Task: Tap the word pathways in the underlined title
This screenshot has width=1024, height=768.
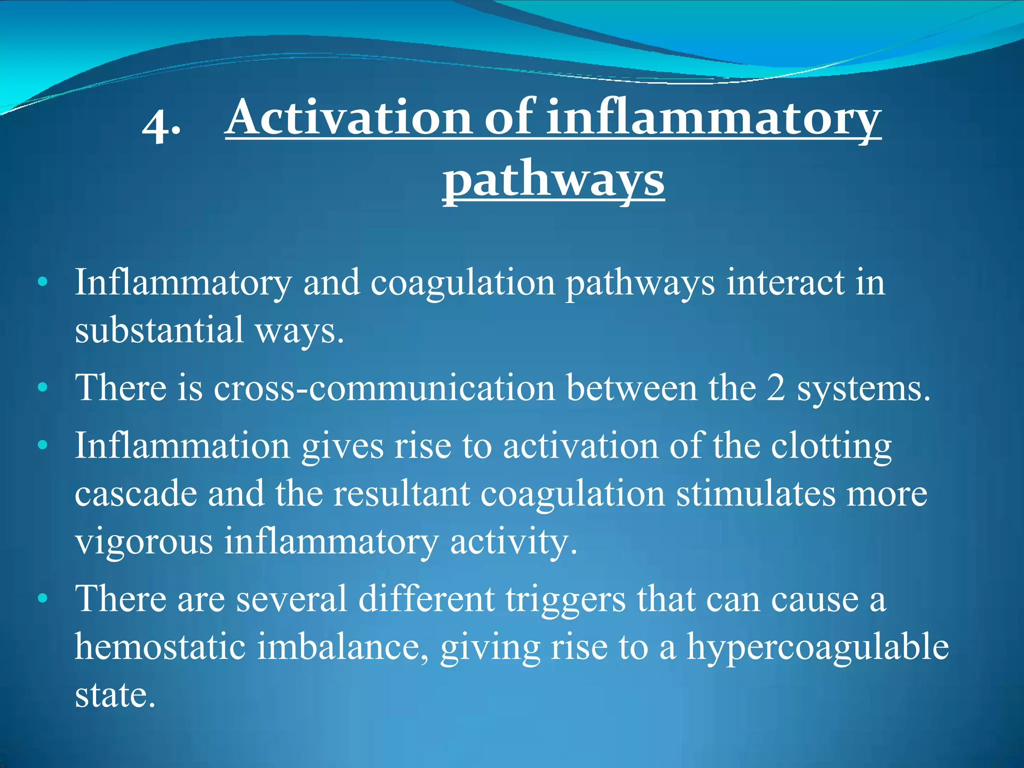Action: coord(553,179)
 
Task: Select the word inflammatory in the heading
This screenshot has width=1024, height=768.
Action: coord(713,118)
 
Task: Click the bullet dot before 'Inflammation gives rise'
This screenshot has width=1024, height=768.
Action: coord(43,444)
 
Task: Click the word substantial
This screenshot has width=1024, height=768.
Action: coord(158,330)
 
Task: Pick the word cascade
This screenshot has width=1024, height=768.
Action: coord(135,493)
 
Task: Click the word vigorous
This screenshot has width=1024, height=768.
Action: coord(144,542)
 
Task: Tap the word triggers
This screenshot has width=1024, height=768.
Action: coord(565,599)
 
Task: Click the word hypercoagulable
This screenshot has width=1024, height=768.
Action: coord(817,647)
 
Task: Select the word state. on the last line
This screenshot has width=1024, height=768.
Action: coord(115,695)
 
